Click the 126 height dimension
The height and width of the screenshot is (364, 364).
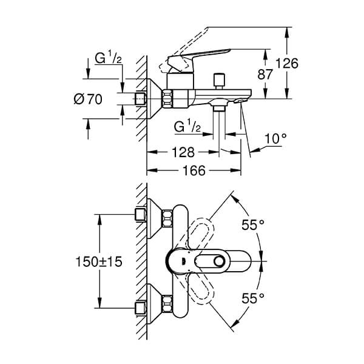(x=287, y=63)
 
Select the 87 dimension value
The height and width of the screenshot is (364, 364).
(x=265, y=75)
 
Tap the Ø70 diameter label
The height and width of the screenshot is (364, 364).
(x=88, y=99)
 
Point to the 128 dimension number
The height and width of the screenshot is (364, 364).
(x=183, y=152)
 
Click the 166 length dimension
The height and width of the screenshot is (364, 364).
(x=194, y=170)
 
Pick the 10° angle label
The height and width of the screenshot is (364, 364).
(x=275, y=138)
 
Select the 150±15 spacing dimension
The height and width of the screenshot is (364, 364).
(x=99, y=262)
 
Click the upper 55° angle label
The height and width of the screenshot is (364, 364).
(x=253, y=224)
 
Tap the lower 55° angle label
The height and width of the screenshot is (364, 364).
(x=253, y=298)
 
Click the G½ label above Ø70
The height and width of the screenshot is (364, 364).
(x=108, y=58)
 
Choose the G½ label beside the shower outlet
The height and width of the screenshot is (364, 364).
(x=187, y=127)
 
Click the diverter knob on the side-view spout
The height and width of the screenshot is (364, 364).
(x=219, y=81)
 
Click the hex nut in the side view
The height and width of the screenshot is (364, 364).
(x=167, y=99)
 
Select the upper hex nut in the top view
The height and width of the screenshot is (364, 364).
(x=167, y=218)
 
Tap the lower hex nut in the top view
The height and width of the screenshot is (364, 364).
(x=167, y=304)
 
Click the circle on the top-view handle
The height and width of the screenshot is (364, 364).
(x=219, y=261)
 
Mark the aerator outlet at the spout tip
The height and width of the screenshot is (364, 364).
(x=239, y=101)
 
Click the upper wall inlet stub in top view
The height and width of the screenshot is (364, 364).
(x=141, y=214)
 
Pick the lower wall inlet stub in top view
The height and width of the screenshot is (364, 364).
(x=141, y=308)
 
